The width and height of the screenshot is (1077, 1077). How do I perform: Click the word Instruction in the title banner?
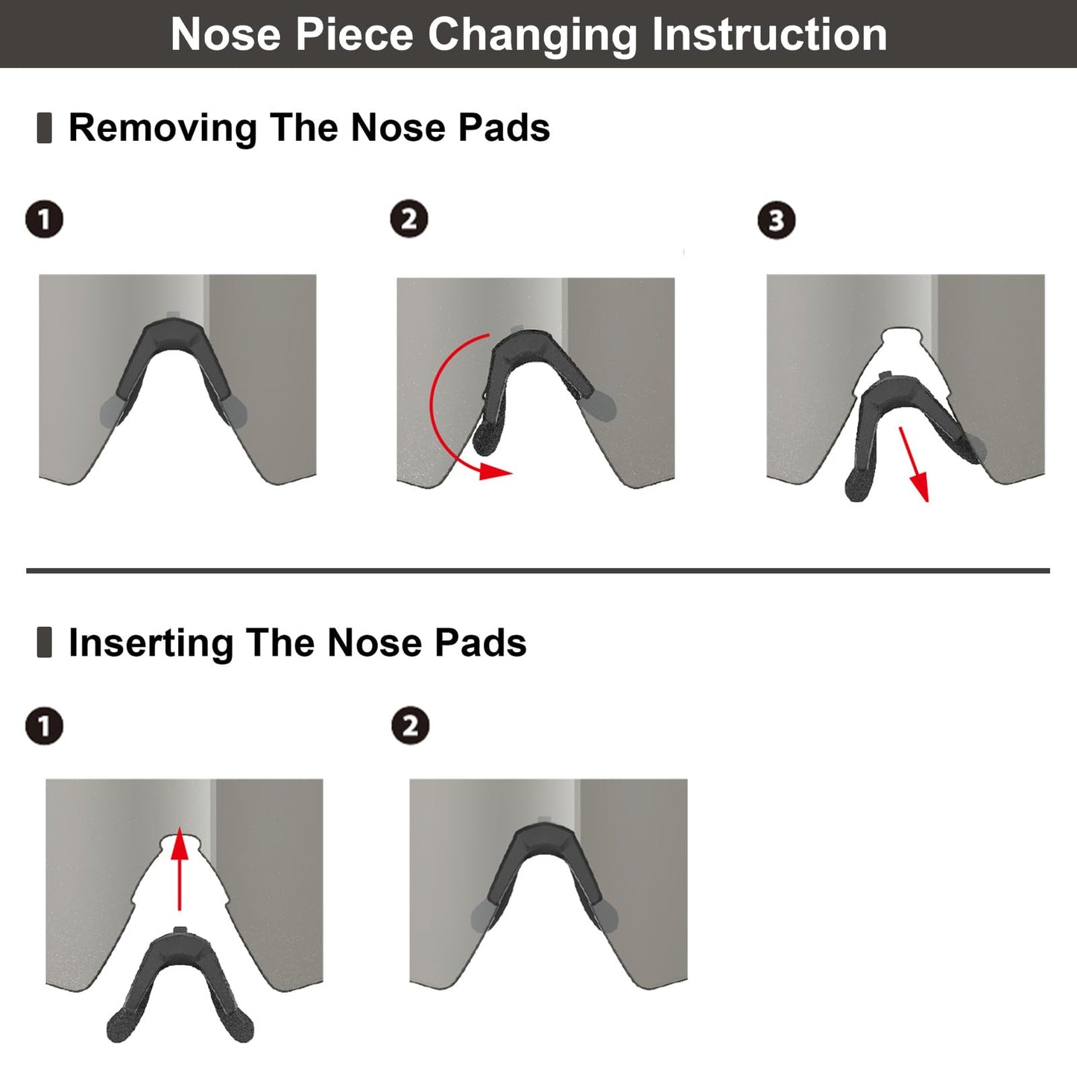point(769,34)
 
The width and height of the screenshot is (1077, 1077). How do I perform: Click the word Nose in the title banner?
point(226,34)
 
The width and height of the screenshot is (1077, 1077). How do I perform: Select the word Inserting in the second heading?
point(151,642)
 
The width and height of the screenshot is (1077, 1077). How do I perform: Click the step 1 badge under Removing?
point(44,219)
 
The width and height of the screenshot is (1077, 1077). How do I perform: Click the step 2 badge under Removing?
point(409,218)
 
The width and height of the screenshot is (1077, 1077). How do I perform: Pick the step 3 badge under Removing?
point(777,220)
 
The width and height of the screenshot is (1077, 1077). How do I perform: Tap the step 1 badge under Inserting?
point(44,726)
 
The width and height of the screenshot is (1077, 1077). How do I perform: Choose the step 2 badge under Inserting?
point(410,726)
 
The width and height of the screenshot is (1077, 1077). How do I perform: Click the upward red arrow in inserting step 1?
point(179,869)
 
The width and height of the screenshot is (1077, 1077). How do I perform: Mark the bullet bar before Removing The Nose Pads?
point(44,128)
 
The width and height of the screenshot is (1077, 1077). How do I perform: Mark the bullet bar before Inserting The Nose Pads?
point(44,642)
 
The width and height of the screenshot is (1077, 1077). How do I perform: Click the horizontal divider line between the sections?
point(537,571)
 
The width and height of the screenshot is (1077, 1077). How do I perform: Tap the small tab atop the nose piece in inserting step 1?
point(180,930)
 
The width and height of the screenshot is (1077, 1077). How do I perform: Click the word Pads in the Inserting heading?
point(481,642)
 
